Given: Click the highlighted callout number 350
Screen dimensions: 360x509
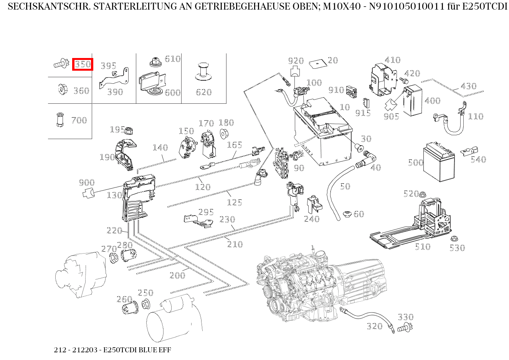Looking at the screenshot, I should (83, 64).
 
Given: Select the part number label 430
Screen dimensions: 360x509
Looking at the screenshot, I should (468, 86).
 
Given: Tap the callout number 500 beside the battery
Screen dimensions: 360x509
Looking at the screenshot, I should (415, 163).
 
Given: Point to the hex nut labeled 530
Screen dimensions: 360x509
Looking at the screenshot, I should (454, 239).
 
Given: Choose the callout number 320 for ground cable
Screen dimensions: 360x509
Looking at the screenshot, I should (374, 326).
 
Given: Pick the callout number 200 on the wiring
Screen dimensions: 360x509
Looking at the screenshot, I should (177, 275).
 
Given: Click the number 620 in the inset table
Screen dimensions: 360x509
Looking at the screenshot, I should (203, 92).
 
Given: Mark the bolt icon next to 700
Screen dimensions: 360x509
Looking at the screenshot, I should (59, 119).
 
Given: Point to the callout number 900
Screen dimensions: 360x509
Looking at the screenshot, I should (87, 182).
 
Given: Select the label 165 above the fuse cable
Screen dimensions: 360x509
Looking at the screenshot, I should (234, 145).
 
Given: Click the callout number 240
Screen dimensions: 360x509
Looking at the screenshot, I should (312, 219).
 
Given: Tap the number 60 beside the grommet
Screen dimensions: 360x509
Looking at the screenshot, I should (359, 214).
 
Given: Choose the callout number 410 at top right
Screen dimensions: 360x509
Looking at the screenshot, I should (392, 60).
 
